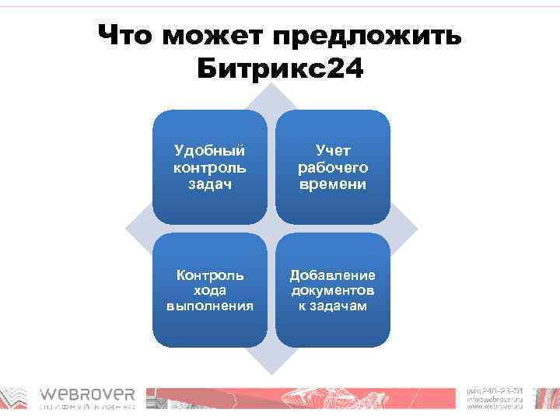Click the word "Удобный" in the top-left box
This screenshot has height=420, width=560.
pyautogui.click(x=209, y=150)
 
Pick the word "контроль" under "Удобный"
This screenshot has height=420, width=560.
pyautogui.click(x=209, y=167)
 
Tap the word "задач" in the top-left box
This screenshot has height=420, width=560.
pyautogui.click(x=209, y=184)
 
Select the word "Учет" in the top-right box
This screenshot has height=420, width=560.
pyautogui.click(x=333, y=150)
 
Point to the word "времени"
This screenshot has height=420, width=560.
pyautogui.click(x=333, y=184)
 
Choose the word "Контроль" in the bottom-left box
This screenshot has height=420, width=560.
pyautogui.click(x=209, y=275)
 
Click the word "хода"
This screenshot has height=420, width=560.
pyautogui.click(x=209, y=290)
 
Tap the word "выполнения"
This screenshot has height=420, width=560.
pyautogui.click(x=209, y=306)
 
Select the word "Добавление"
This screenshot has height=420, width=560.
pyautogui.click(x=333, y=275)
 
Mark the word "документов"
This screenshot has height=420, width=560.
pyautogui.click(x=333, y=290)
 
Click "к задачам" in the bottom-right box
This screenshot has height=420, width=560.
pyautogui.click(x=333, y=306)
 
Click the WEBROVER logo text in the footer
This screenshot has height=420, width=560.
pyautogui.click(x=88, y=394)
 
